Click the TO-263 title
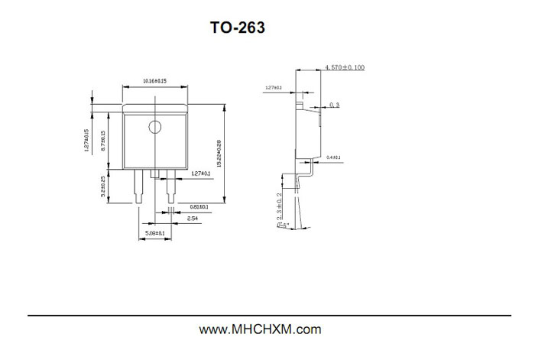coord(238,28)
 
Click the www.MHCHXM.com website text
coord(260,330)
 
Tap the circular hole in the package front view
coord(155,126)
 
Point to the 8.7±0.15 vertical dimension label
coord(103,143)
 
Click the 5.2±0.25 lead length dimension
coord(103,185)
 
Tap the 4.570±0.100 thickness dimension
coord(345,68)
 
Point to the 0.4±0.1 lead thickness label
coord(333,157)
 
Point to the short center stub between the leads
coord(155,174)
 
